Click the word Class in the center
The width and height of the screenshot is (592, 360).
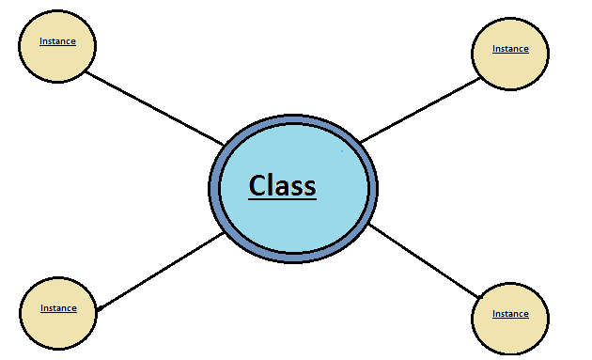click(x=282, y=185)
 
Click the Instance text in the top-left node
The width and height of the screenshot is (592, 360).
click(x=57, y=41)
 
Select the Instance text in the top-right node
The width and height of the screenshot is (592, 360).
click(x=510, y=49)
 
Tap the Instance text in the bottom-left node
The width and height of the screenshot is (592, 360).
click(x=58, y=308)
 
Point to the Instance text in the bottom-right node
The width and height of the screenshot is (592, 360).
click(x=510, y=314)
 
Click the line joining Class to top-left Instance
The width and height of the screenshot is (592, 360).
click(x=155, y=108)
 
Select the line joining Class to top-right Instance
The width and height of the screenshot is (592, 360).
click(x=420, y=110)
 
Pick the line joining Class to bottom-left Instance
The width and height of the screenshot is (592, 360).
click(x=160, y=272)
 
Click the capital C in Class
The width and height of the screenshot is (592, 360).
click(x=258, y=185)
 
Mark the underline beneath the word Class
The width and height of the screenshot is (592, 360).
click(x=282, y=199)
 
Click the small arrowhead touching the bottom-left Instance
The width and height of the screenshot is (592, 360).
click(x=100, y=306)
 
